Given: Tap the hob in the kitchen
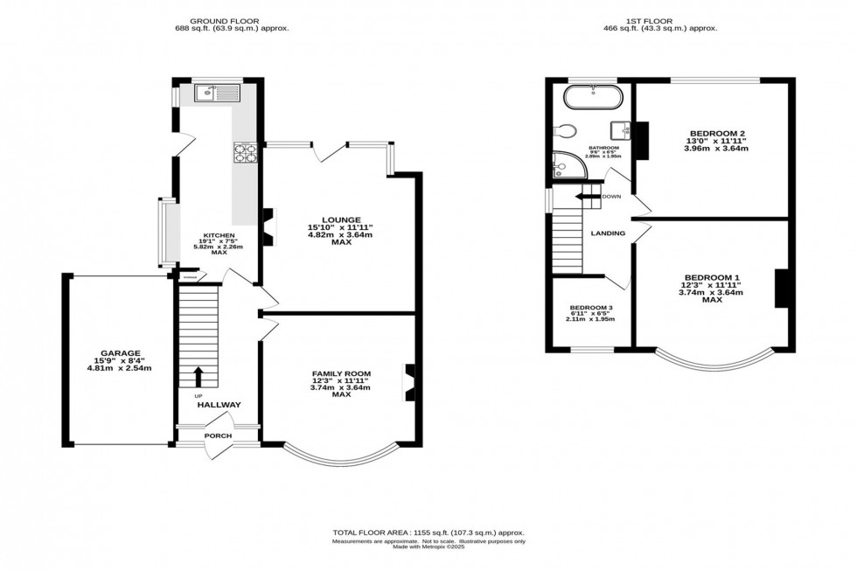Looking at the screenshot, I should (245, 153).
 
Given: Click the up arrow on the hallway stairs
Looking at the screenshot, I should (198, 377).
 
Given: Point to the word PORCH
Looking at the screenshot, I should (218, 435).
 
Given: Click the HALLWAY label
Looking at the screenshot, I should (219, 405).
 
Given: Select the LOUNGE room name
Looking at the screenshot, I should (335, 219).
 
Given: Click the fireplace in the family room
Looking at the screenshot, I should (408, 380).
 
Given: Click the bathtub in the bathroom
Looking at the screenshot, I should (592, 96).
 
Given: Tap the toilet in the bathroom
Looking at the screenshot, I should (566, 132).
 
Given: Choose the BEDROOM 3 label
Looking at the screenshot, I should (591, 308).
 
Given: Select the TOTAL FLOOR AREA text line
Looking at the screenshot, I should (428, 533).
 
